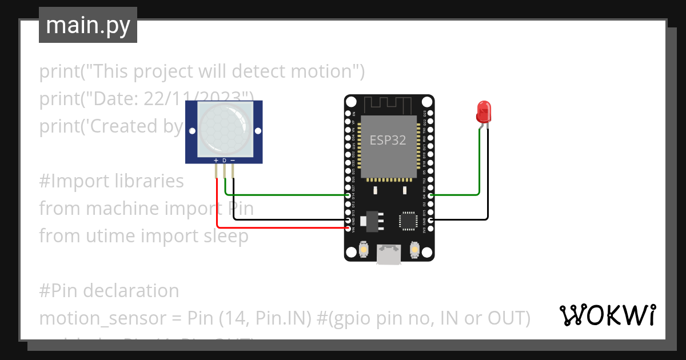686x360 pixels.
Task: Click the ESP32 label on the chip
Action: tap(388, 140)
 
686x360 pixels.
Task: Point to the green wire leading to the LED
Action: tap(457, 195)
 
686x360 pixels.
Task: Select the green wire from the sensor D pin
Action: tap(286, 195)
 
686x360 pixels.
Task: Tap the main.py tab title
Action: tap(87, 25)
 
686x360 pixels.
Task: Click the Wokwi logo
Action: tap(607, 315)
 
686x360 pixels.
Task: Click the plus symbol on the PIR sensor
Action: tap(216, 161)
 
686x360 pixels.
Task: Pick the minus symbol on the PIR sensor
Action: tap(233, 161)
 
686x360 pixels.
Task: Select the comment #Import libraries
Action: tap(111, 181)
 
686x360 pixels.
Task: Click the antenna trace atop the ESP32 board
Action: tap(389, 105)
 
